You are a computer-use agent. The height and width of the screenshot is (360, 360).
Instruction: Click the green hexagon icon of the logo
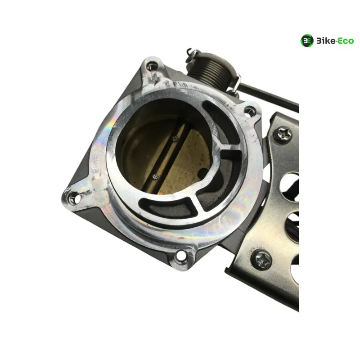(x=307, y=41)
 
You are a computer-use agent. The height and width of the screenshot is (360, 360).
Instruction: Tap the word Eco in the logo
(x=346, y=41)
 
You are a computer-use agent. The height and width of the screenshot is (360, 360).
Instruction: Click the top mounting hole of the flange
(x=152, y=67)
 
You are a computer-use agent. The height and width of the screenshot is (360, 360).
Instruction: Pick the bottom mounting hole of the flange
(x=181, y=255)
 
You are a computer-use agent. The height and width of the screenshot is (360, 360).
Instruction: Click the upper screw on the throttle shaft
(x=175, y=139)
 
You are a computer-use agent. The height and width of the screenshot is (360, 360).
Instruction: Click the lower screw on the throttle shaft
(x=155, y=176)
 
